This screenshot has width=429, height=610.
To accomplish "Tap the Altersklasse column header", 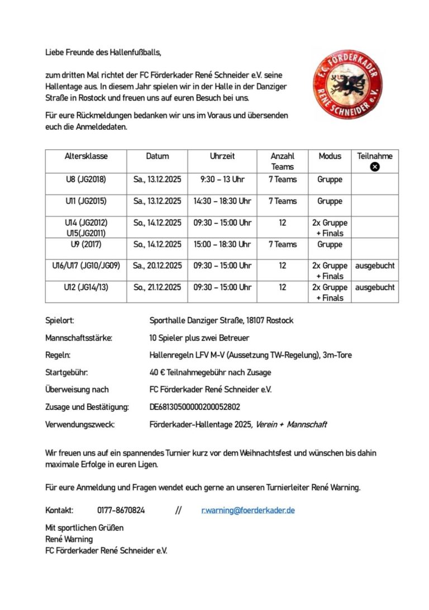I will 86,157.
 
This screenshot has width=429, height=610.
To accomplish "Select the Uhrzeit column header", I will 222,157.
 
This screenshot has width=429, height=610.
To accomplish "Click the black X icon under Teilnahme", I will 375,167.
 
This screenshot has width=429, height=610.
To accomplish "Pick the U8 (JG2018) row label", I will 86,179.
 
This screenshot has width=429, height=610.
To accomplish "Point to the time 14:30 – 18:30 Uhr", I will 222,201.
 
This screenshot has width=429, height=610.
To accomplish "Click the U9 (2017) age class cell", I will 86,244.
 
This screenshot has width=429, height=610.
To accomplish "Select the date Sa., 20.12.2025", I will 157,266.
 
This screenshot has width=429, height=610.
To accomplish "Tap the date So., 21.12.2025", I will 157,287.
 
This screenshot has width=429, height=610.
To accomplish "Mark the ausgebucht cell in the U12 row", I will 375,287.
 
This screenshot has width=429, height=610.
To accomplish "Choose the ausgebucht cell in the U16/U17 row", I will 375,266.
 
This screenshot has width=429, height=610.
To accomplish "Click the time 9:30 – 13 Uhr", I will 222,179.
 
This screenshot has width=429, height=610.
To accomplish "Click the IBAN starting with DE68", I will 195,407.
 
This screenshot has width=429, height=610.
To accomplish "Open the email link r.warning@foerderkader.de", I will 248,510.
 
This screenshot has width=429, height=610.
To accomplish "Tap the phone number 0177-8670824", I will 121,510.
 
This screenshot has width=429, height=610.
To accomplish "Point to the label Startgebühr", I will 66,372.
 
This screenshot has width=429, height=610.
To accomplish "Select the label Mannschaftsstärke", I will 79,338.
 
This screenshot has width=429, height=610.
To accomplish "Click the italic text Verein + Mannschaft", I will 291,424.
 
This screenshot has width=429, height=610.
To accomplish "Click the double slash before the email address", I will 178,510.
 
